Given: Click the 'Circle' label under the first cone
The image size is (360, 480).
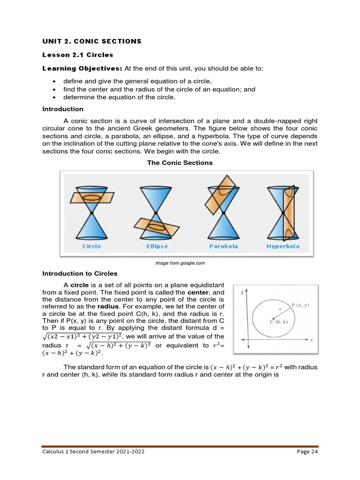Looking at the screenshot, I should (91, 246).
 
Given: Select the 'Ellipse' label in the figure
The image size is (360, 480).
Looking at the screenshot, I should (157, 246).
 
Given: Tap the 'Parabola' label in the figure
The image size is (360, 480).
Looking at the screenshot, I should (223, 246).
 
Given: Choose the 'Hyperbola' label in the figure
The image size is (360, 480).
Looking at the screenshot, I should (283, 246).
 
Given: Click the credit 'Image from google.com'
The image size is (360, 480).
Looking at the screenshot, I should (180, 263).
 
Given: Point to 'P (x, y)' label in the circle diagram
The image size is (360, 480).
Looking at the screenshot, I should (300, 305).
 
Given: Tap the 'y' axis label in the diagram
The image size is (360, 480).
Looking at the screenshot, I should (242, 291).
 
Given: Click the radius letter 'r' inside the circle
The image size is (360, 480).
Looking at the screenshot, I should (280, 309).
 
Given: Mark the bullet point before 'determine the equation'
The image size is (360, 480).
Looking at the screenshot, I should (54, 97).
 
